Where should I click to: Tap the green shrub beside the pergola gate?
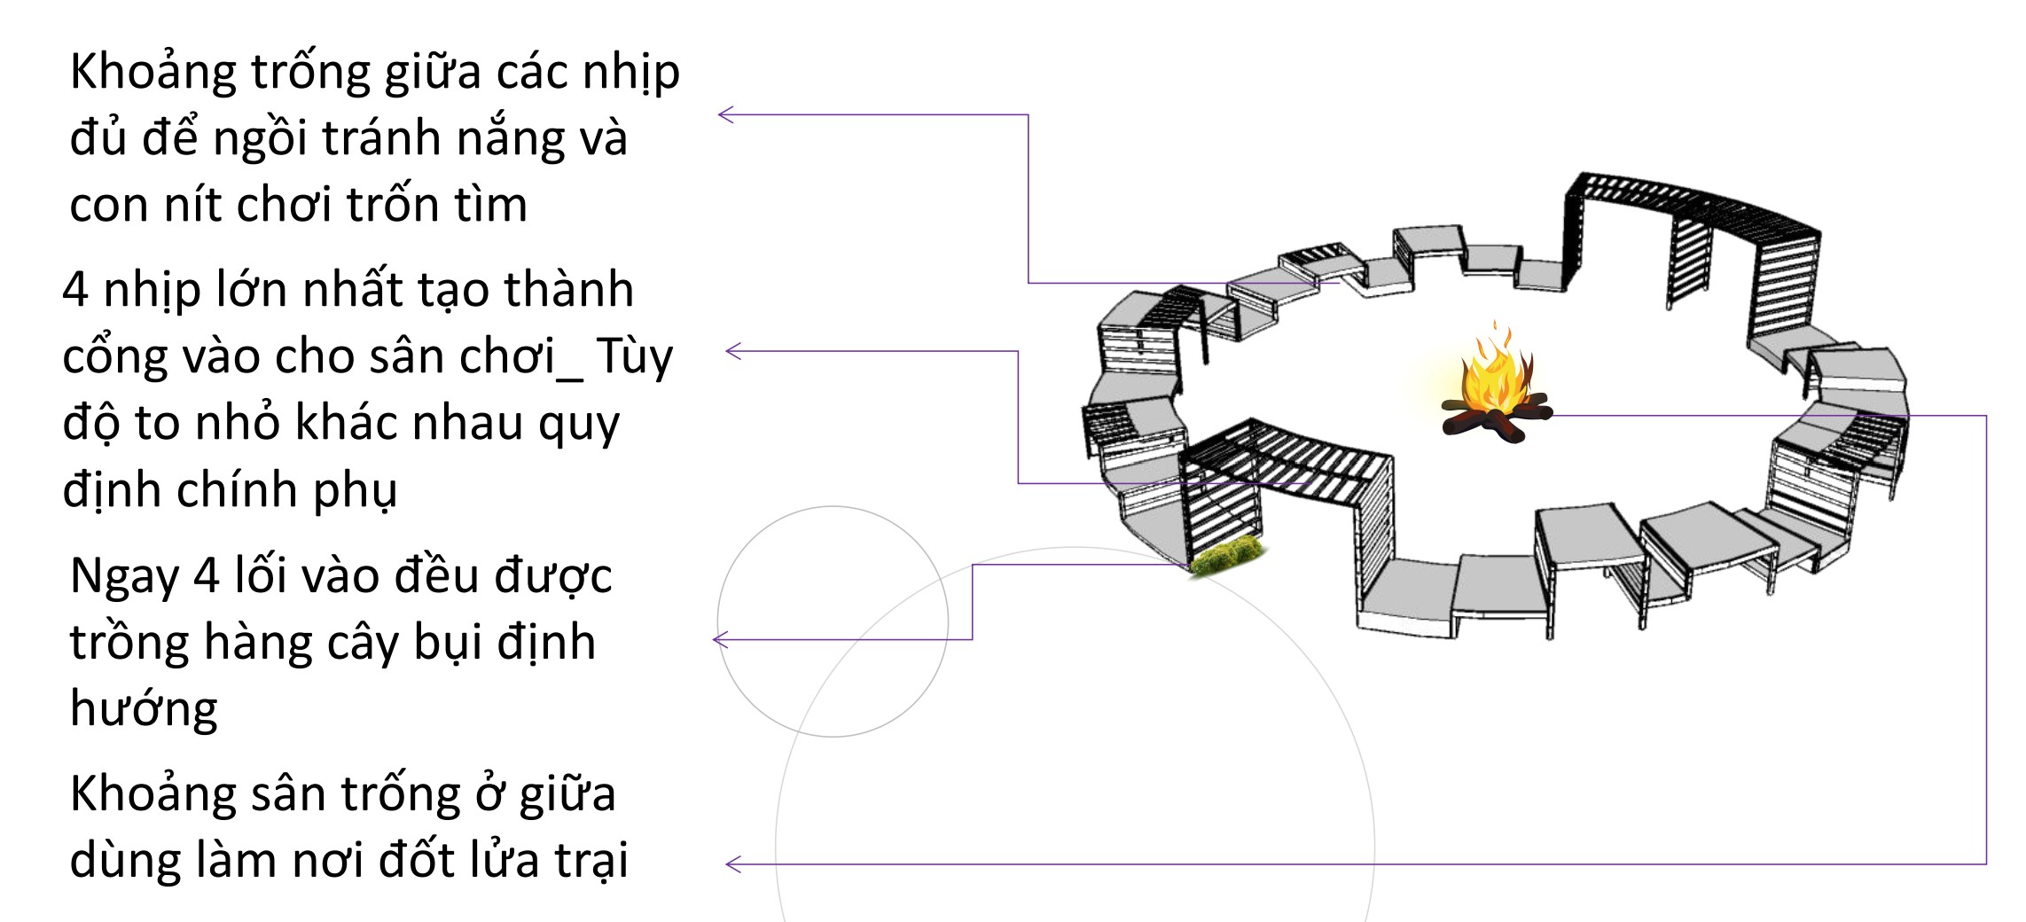pyautogui.click(x=1228, y=556)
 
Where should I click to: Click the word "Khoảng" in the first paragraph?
pyautogui.click(x=153, y=73)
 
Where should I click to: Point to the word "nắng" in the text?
pyautogui.click(x=501, y=140)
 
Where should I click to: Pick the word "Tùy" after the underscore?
pyautogui.click(x=634, y=358)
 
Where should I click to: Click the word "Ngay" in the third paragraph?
pyautogui.click(x=124, y=577)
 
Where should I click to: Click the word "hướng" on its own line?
pyautogui.click(x=144, y=710)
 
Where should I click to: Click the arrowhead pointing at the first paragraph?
pyautogui.click(x=724, y=114)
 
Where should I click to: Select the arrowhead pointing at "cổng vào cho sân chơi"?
pyautogui.click(x=732, y=351)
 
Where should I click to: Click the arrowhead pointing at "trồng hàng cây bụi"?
pyautogui.click(x=720, y=639)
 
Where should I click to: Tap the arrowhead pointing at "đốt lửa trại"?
pyautogui.click(x=732, y=864)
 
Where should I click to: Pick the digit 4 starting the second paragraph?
pyautogui.click(x=75, y=291)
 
